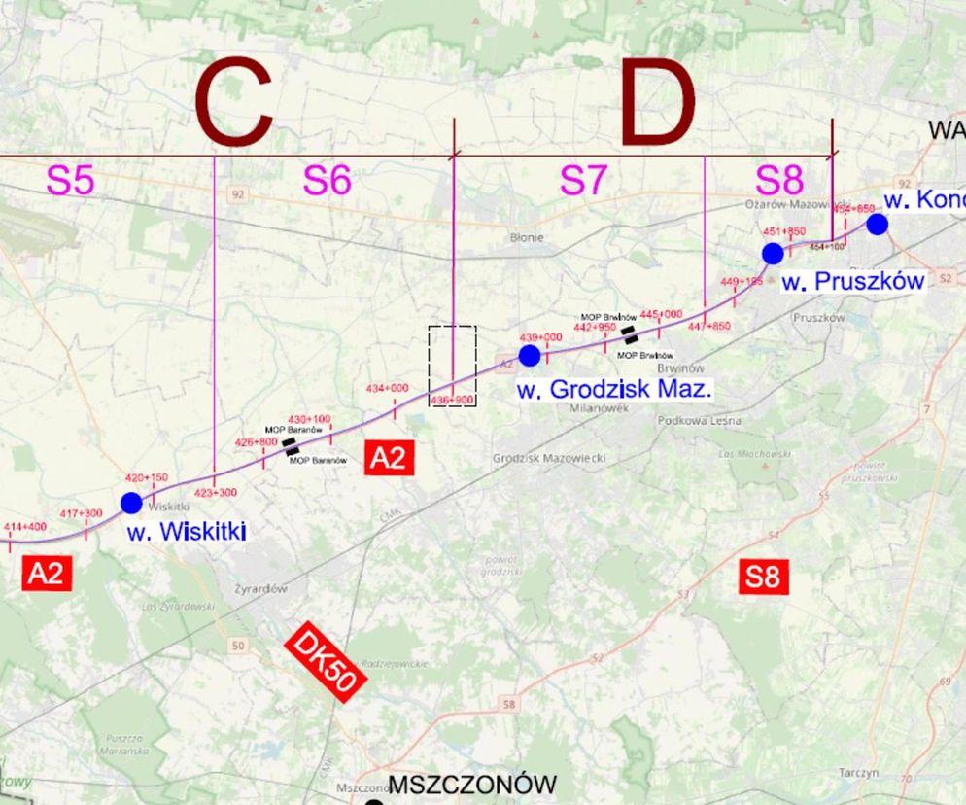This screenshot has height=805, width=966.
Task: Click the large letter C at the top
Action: pos(233,105)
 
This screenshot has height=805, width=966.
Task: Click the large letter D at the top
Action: pos(659,105)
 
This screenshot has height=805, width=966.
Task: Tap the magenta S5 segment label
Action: pos(71,181)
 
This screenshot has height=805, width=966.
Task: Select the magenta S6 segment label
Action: pos(327,181)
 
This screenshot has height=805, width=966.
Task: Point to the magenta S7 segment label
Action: pos(583,181)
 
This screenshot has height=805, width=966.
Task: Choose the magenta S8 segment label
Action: pos(779,181)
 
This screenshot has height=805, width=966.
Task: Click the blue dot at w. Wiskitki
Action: pos(131,503)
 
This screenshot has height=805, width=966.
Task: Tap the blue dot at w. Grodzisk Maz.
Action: pos(530,356)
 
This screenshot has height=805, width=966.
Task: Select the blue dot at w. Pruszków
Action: pos(773,254)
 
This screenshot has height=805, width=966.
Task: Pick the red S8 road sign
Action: pos(762,577)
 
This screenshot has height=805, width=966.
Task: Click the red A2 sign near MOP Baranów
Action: pos(389,458)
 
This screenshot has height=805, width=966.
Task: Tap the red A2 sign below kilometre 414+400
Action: pos(46,573)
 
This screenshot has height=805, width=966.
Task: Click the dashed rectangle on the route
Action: pos(453,365)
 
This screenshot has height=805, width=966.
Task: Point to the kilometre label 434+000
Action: pos(387,389)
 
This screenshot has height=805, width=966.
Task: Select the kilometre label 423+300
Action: pos(216,493)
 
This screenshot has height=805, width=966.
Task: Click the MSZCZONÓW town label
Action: pos(472,785)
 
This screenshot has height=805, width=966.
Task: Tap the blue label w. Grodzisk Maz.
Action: pos(614,391)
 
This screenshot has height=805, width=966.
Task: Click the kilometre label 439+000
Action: pos(541,337)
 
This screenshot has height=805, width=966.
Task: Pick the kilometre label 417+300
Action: pos(82,513)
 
